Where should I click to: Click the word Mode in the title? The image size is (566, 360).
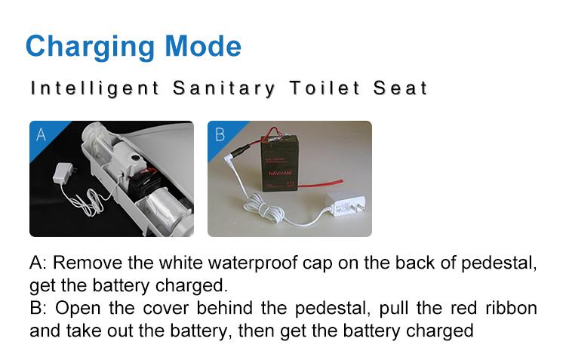point(203,46)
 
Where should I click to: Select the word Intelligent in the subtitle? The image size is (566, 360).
point(94,89)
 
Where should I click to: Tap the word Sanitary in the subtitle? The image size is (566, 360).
point(224,88)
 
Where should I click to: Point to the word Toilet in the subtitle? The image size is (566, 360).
point(325,88)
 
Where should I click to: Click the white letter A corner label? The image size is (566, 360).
point(41,134)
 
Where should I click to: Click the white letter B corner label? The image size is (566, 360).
point(220,134)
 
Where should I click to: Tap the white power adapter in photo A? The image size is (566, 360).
point(65,173)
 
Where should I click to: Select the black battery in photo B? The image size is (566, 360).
point(279,162)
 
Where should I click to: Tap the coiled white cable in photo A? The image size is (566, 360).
point(86,202)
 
